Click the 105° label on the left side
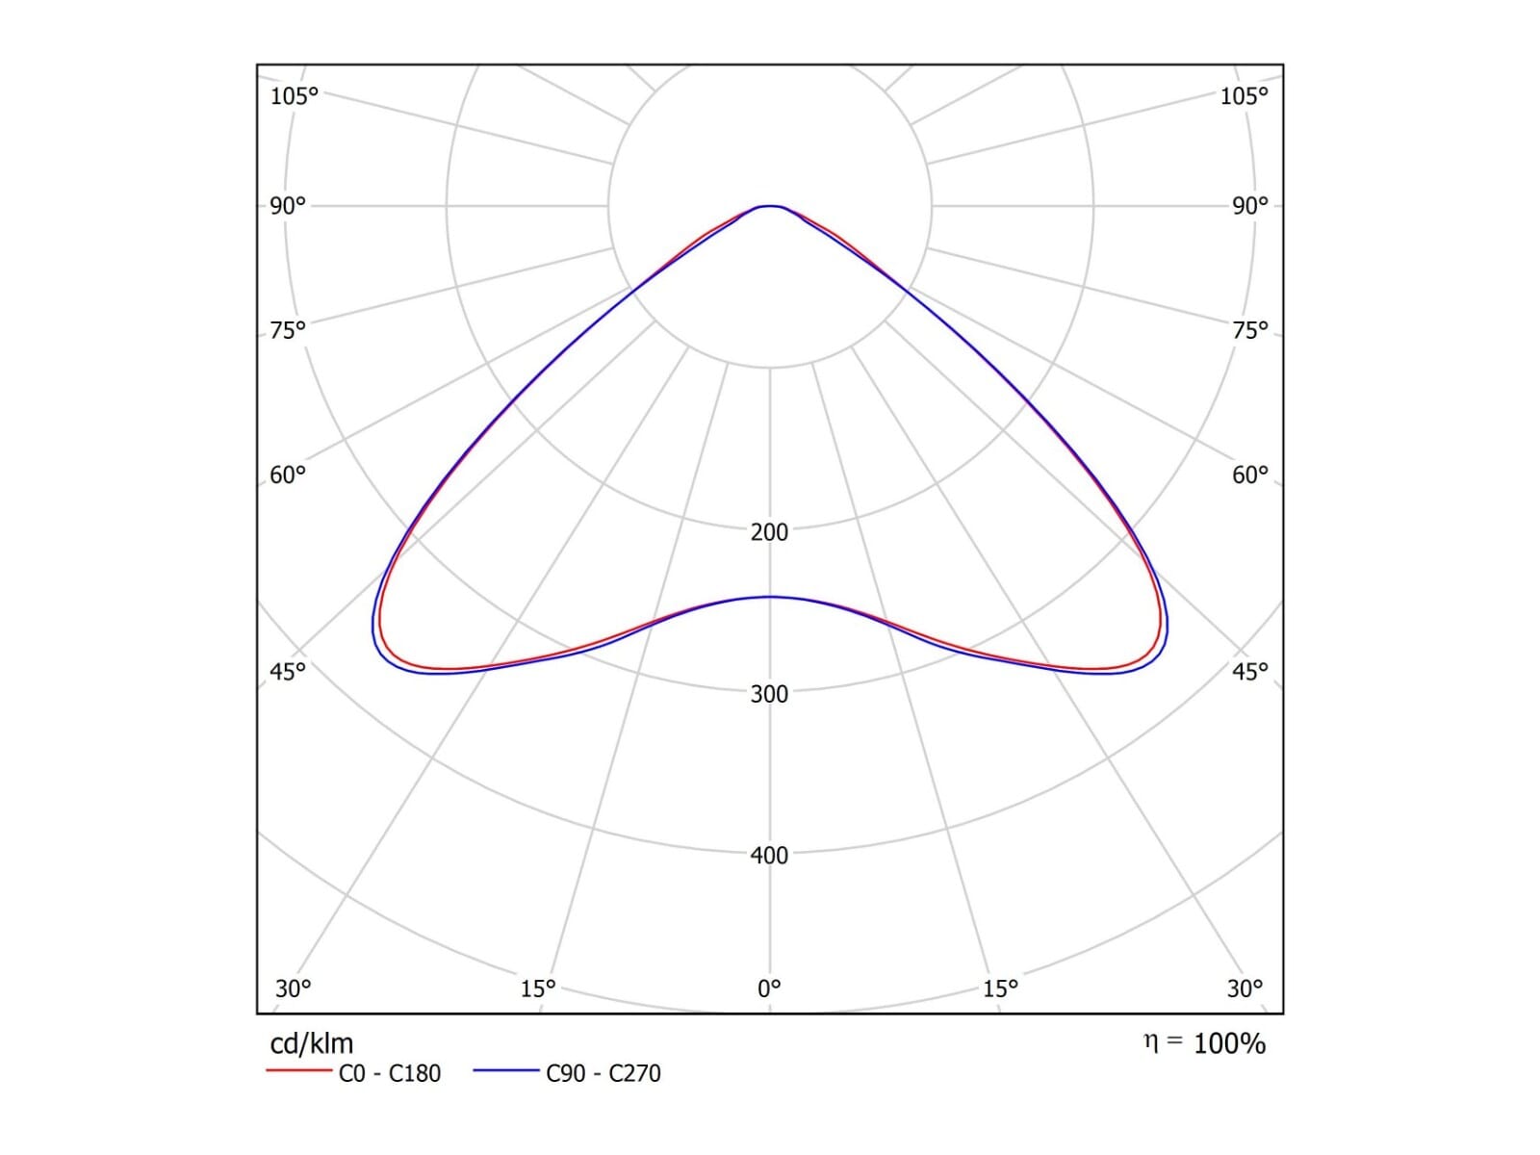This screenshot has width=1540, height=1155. coord(294,96)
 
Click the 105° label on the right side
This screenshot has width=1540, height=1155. coord(1244,96)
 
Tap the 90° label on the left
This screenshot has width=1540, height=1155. coord(288,206)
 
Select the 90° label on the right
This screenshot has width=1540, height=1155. coord(1250,206)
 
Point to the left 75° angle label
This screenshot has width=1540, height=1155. coord(288,330)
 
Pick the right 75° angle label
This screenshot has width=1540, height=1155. coord(1250,330)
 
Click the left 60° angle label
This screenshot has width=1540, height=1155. coord(288,475)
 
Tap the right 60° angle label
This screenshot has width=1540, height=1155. coord(1250,475)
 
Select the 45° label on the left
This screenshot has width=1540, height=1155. coord(288,671)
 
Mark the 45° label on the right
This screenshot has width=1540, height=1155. coord(1250,671)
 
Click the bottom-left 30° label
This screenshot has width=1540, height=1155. coord(294,988)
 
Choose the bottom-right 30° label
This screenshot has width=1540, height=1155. coord(1245,988)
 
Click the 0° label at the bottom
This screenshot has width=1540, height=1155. coord(769,988)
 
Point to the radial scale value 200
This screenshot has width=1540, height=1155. coord(769,532)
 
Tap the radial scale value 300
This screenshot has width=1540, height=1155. coord(769,694)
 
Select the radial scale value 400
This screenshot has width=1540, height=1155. coord(769,856)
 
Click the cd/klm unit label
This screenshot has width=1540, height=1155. coord(312,1044)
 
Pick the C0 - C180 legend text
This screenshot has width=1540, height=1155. coord(390,1073)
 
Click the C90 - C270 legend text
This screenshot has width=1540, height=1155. coord(603,1073)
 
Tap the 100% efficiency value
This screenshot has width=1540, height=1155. coord(1229,1044)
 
